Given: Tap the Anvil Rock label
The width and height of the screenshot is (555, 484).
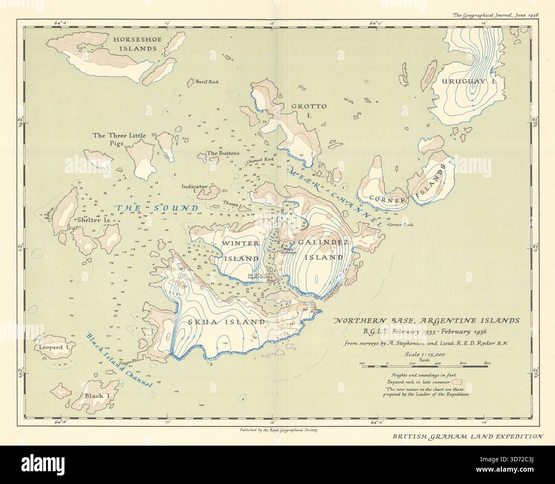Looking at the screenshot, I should [206, 81].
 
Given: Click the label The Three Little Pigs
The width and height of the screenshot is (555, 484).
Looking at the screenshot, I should [119, 139].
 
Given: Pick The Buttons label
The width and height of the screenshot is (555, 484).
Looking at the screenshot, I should [223, 153].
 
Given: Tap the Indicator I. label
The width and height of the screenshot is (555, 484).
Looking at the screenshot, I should [194, 189].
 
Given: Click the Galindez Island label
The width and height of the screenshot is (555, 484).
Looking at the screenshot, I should [320, 249].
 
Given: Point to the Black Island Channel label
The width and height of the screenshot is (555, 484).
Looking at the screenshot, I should [119, 360].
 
